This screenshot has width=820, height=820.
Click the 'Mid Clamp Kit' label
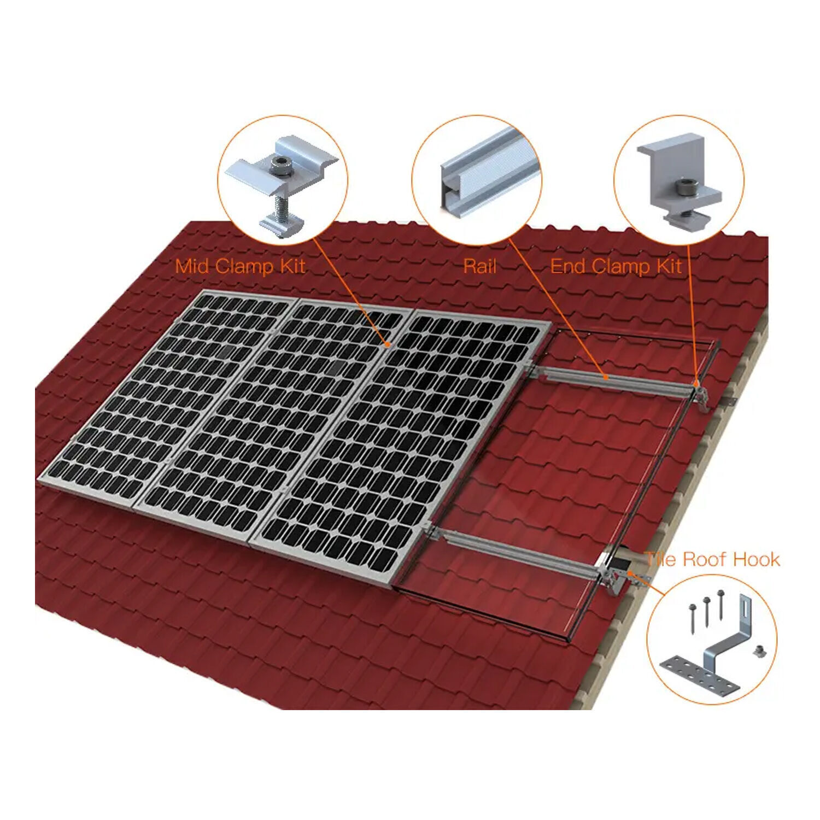240,266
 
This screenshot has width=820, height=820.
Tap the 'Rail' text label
479,266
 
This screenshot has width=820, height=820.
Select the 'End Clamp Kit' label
616,266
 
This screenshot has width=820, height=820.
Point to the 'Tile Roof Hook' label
712,559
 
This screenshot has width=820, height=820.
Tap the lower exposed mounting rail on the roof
519,552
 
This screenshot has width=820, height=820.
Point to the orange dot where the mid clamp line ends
387,344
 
